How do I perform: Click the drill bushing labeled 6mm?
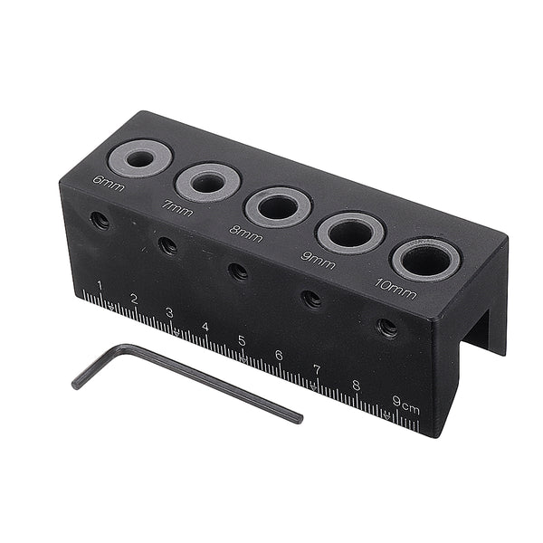[x=140, y=158]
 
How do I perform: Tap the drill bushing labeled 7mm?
[x=208, y=182]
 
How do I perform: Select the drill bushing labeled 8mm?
[x=278, y=206]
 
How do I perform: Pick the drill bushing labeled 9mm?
[x=350, y=233]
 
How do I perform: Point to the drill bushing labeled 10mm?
[x=424, y=259]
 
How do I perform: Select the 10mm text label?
[x=395, y=291]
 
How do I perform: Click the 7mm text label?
[x=176, y=206]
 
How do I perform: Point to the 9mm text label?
[x=318, y=260]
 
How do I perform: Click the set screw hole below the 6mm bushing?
[x=100, y=220]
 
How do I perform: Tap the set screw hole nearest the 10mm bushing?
[x=387, y=328]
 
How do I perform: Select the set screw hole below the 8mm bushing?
[x=238, y=271]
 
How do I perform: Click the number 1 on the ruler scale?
[x=100, y=289]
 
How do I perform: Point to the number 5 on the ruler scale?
[x=242, y=341]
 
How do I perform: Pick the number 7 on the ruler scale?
[x=317, y=370]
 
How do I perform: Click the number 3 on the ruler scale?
[x=168, y=314]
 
